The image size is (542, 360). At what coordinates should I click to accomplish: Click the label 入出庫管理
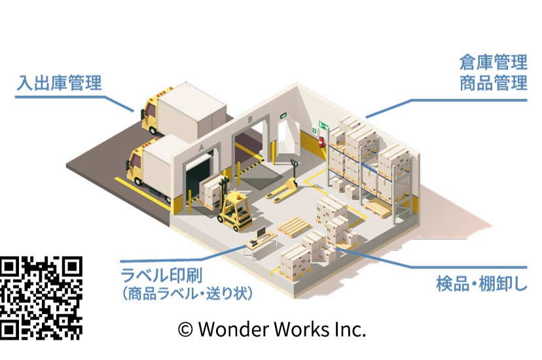pyautogui.click(x=60, y=84)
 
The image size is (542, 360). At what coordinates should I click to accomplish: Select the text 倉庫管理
pyautogui.click(x=493, y=63)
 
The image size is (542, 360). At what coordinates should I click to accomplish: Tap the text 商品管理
pyautogui.click(x=493, y=83)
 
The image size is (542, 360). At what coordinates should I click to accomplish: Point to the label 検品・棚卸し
pyautogui.click(x=481, y=285)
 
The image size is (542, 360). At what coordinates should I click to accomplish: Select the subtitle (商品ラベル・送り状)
pyautogui.click(x=187, y=293)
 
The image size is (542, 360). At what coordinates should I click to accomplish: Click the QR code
pyautogui.click(x=41, y=297)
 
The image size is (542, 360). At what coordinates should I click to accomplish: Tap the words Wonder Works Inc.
pyautogui.click(x=281, y=329)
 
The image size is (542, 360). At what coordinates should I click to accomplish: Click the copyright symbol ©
pyautogui.click(x=186, y=329)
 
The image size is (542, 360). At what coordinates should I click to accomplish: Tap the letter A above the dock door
pyautogui.click(x=200, y=147)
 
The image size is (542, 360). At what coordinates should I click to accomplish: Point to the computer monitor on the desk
pyautogui.click(x=261, y=232)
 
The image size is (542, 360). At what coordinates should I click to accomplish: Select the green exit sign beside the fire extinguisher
pyautogui.click(x=323, y=124)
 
